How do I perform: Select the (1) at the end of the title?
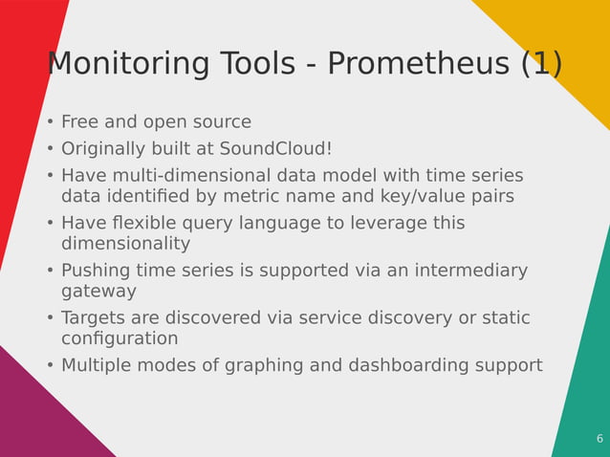click(541, 64)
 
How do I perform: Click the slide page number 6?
click(599, 439)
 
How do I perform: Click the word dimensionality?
click(125, 244)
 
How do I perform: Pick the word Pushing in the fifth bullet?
click(96, 271)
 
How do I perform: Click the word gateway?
click(98, 292)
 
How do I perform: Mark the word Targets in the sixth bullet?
click(95, 317)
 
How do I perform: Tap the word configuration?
click(120, 339)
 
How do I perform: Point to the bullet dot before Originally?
click(50, 150)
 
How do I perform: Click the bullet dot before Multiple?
click(50, 366)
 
